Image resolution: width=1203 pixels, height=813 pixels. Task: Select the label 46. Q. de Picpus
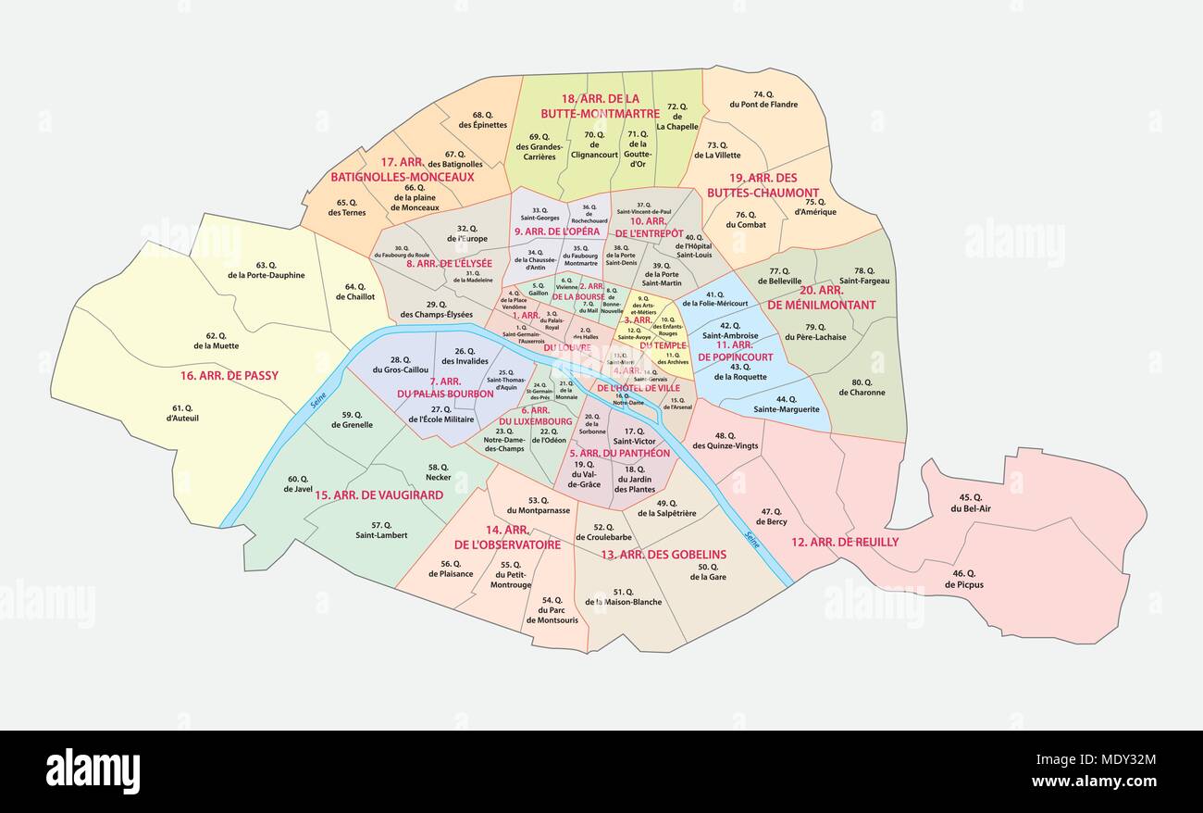[x=963, y=579]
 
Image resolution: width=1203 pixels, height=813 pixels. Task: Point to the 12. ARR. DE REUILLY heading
[x=844, y=542]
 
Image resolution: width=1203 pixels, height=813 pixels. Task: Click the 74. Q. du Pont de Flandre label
[x=763, y=99]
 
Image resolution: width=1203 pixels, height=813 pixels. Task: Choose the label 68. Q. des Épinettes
[x=482, y=119]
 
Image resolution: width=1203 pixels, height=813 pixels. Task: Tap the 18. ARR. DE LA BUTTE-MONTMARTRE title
[x=601, y=106]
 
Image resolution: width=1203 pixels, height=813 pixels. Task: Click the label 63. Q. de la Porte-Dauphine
[x=266, y=269]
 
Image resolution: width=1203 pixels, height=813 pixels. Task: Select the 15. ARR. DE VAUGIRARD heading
[x=379, y=494]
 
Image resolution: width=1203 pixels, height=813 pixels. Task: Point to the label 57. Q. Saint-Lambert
[x=375, y=530]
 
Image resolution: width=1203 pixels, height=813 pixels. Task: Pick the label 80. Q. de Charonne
[x=861, y=387]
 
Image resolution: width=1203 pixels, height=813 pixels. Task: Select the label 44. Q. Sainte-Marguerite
[x=786, y=404]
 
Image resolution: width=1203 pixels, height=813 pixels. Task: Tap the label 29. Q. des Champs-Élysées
[x=436, y=309]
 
